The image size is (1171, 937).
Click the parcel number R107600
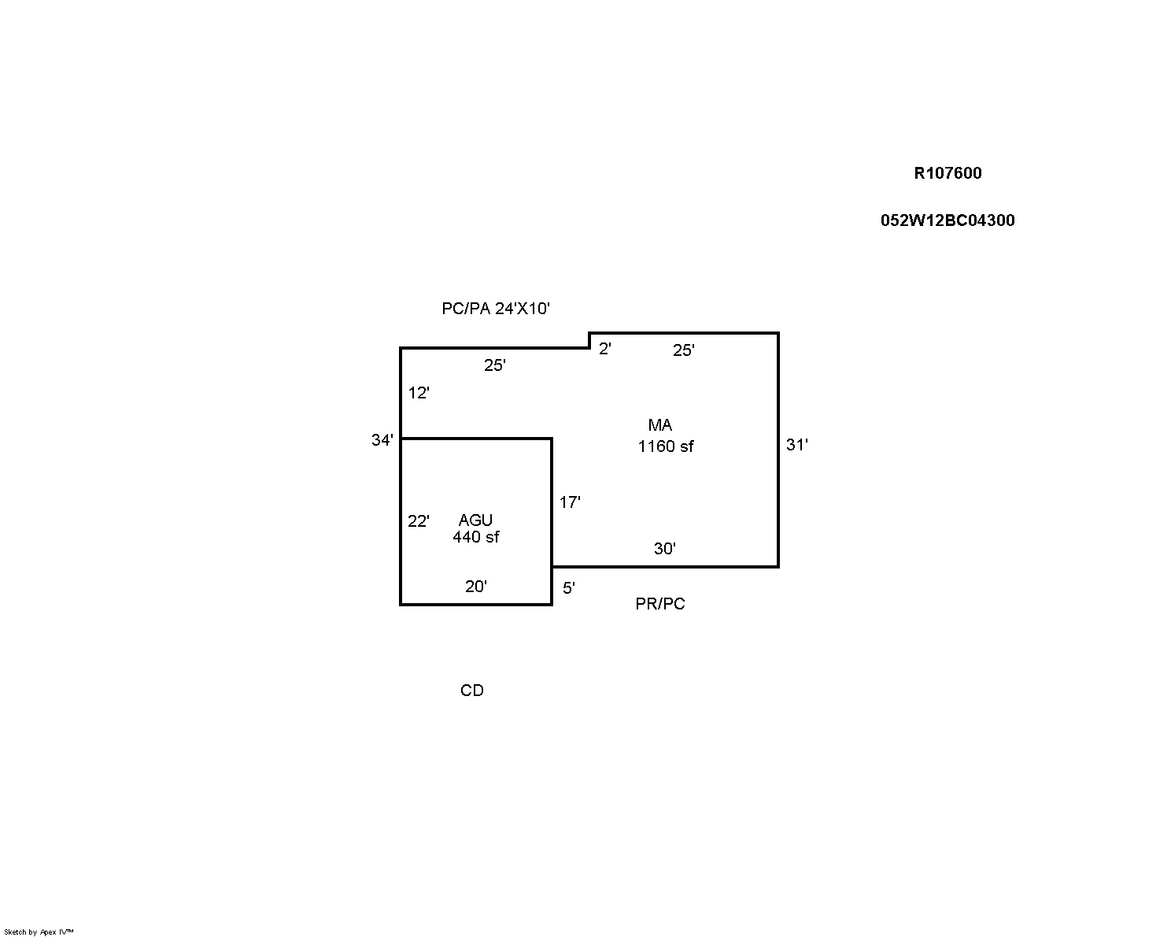[948, 173]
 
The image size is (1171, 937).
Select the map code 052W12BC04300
[948, 220]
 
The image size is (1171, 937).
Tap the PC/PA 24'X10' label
[496, 309]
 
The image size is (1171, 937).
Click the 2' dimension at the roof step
[605, 349]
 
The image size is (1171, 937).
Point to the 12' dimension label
[419, 393]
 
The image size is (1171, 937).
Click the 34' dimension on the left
[382, 439]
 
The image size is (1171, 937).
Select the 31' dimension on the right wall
[796, 445]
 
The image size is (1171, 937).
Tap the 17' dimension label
[570, 502]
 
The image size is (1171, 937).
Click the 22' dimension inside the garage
[419, 521]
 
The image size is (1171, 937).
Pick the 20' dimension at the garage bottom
[475, 587]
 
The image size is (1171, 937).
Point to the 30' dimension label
[664, 548]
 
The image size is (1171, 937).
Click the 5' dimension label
[569, 588]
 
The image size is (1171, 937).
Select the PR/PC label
[660, 604]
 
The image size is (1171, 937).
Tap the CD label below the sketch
[471, 691]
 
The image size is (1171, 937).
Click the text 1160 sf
[666, 446]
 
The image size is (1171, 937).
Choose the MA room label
[660, 424]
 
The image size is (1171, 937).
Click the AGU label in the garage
[475, 520]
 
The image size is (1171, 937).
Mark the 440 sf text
[475, 537]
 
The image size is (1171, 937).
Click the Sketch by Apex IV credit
[39, 931]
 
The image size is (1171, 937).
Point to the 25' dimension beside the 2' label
[683, 350]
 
